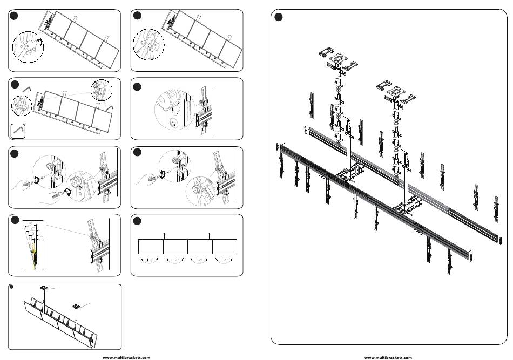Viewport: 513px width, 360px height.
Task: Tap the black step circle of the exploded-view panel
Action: pos(279,18)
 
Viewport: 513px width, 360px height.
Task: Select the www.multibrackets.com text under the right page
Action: pos(388,357)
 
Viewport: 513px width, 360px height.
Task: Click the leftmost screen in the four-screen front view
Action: pos(151,247)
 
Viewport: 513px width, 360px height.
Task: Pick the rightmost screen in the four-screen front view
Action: pos(225,247)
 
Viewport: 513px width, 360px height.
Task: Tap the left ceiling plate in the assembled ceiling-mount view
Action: pos(43,287)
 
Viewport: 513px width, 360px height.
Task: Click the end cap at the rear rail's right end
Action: pos(501,240)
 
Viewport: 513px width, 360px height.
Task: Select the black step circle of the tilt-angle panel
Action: pos(15,222)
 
